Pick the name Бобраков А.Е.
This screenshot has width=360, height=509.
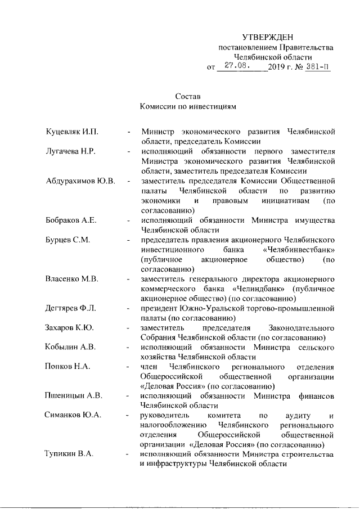click(71, 220)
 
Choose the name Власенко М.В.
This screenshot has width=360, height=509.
click(72, 278)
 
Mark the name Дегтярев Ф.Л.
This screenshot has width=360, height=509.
click(71, 308)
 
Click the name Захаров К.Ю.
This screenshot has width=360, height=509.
click(69, 327)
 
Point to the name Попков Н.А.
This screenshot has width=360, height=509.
click(67, 367)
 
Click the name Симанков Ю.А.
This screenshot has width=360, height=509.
click(73, 415)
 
